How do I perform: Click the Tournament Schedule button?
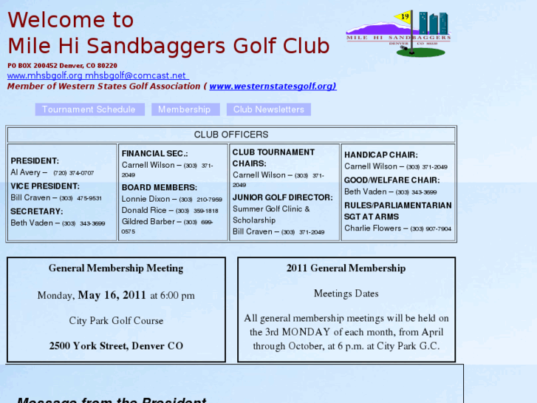click(89, 109)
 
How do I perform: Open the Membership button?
click(184, 109)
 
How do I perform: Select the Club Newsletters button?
click(269, 109)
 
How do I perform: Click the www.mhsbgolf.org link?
click(45, 75)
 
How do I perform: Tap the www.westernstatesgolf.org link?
click(272, 86)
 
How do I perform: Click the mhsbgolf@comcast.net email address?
click(135, 75)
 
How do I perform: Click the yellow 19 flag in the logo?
click(405, 16)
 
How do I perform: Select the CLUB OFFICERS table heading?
click(231, 135)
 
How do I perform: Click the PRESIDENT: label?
click(35, 160)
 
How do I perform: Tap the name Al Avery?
click(25, 172)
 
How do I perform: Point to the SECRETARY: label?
click(36, 211)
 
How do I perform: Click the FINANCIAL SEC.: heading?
click(154, 153)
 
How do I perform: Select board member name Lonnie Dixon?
click(145, 199)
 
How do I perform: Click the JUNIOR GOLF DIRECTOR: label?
click(282, 197)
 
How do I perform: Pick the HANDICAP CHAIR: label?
click(380, 155)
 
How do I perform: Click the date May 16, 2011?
click(112, 295)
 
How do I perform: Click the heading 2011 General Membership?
click(346, 268)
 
